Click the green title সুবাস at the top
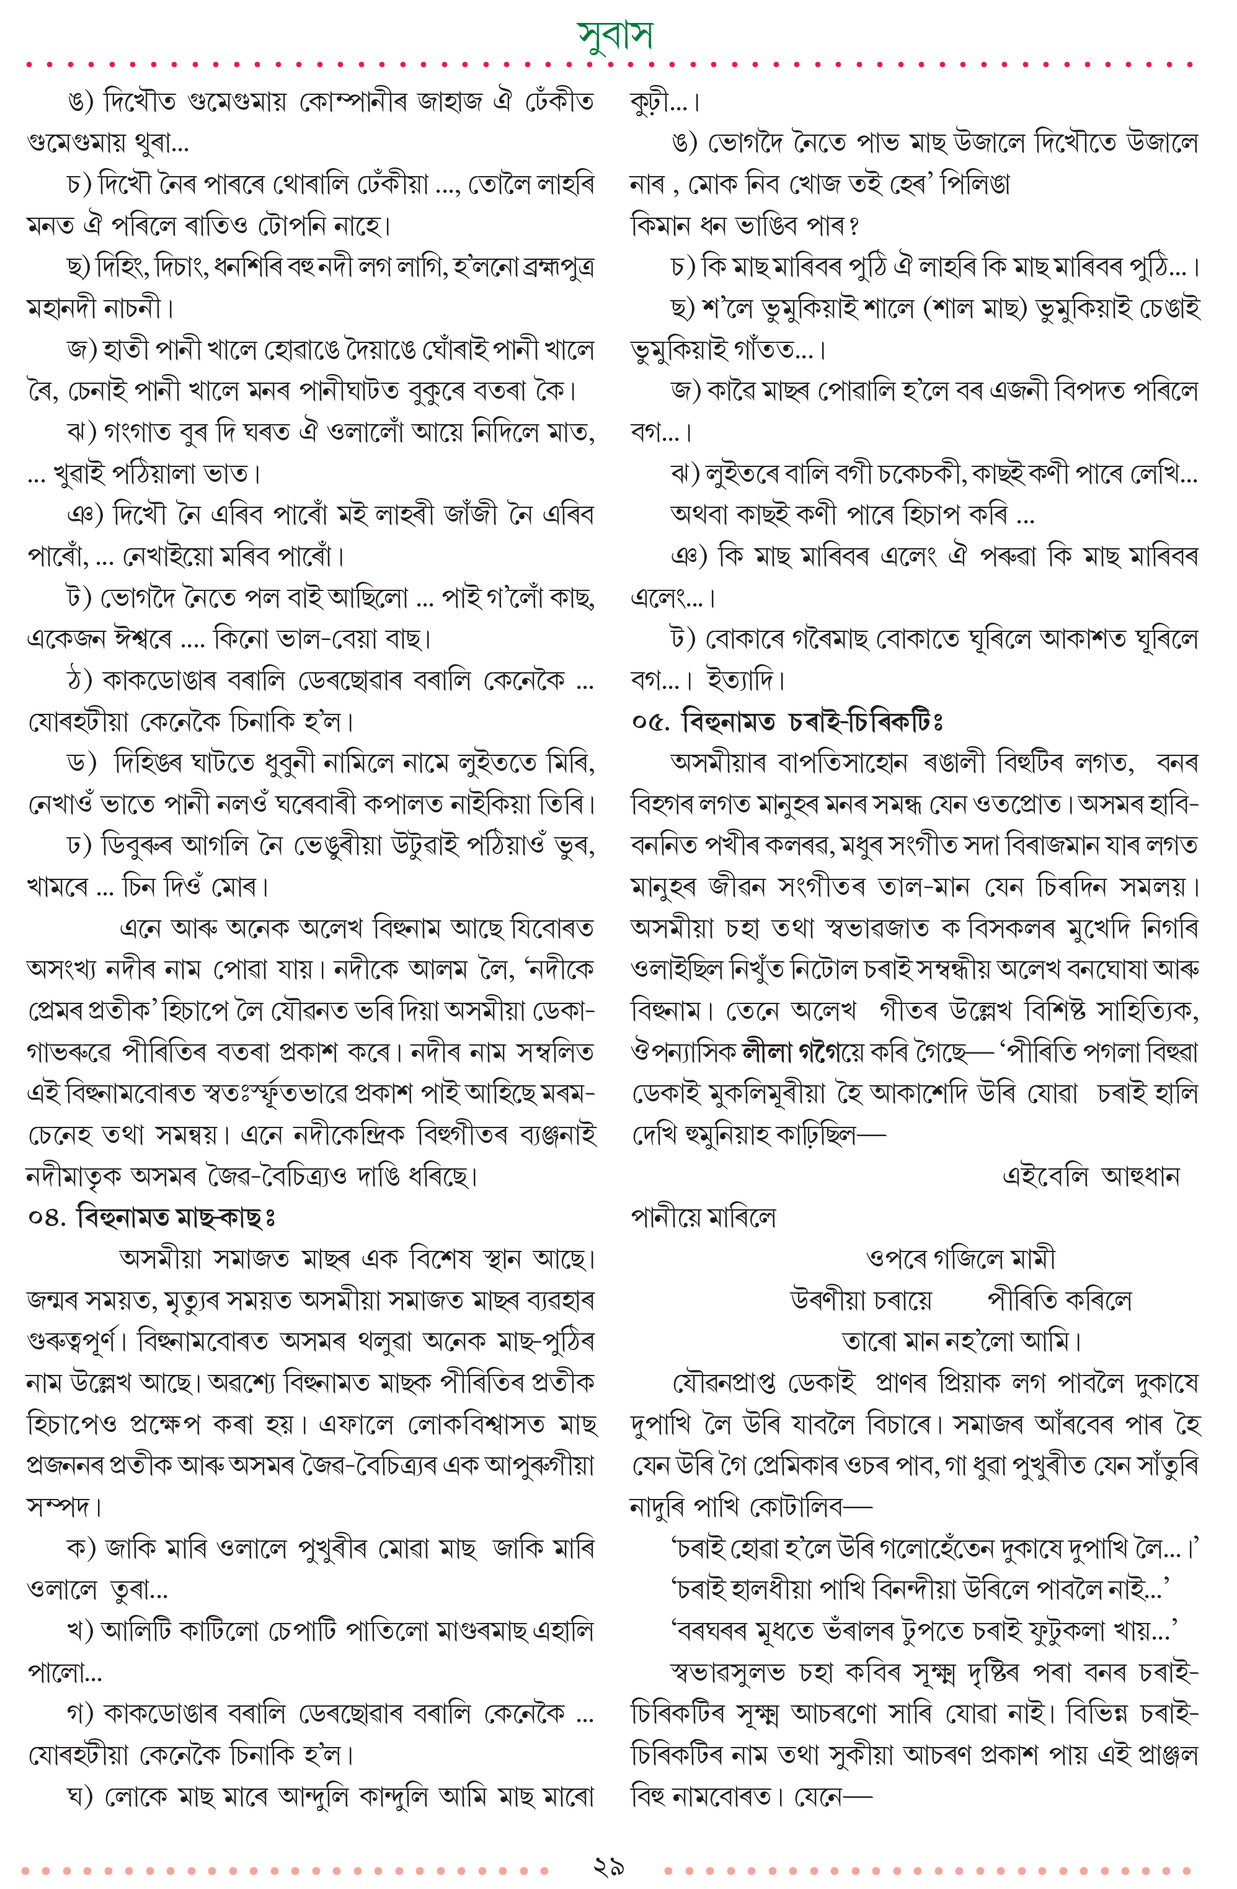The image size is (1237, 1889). tap(616, 35)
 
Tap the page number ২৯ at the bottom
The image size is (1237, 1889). tap(609, 1867)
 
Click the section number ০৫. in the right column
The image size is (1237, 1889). tap(650, 722)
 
